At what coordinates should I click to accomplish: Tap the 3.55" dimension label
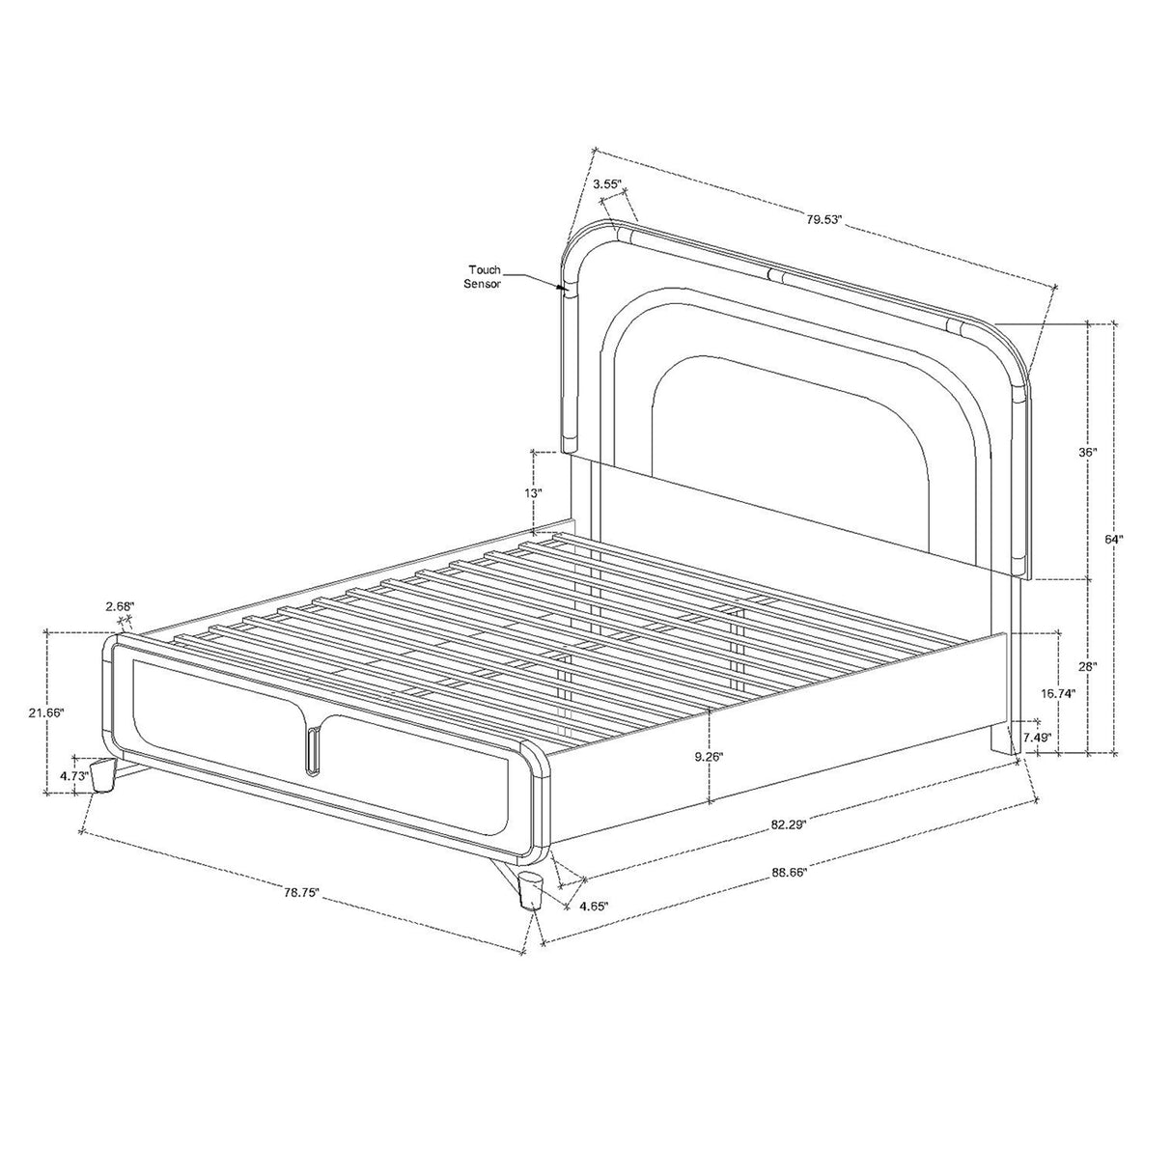pyautogui.click(x=606, y=183)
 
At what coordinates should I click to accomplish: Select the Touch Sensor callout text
pyautogui.click(x=484, y=277)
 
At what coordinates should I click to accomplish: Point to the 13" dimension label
pyautogui.click(x=535, y=493)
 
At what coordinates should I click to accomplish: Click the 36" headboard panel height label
pyautogui.click(x=1088, y=453)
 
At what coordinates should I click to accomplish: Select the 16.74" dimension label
pyautogui.click(x=1057, y=693)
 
